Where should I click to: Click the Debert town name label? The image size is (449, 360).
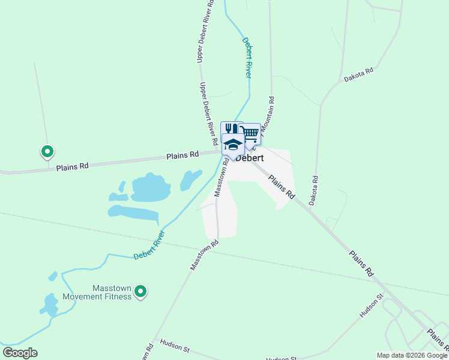[x=250, y=158]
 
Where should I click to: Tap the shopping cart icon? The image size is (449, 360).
[x=250, y=134]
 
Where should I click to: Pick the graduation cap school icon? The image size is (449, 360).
[x=233, y=144]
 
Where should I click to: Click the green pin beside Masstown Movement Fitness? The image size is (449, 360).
[x=140, y=292]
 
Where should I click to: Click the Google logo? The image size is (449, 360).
[x=20, y=353]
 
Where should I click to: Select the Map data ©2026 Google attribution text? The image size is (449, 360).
[x=412, y=355]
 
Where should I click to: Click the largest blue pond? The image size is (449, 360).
[x=151, y=188]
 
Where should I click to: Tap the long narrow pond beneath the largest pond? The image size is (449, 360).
[x=133, y=213]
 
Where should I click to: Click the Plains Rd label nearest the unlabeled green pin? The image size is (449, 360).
[x=72, y=166]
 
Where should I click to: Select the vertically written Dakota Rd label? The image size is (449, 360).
[x=313, y=190]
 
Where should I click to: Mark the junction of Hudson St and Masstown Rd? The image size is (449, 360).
[x=154, y=340]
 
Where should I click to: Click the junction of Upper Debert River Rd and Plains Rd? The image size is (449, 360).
[x=217, y=152]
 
